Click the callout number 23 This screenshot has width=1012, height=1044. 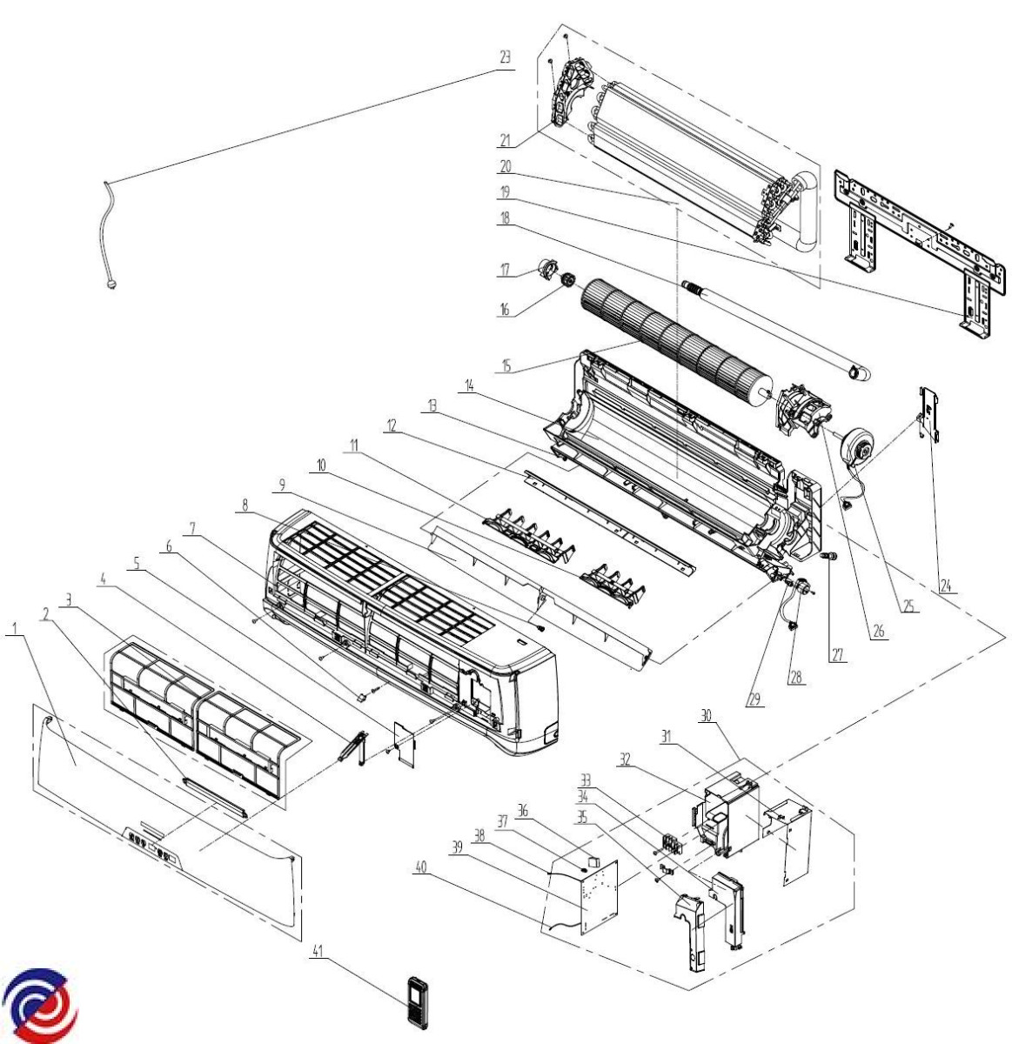[505, 57]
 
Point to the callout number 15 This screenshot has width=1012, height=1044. [506, 366]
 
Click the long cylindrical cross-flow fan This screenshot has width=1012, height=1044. [676, 338]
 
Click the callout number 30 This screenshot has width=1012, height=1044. [707, 717]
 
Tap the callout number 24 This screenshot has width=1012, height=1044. [947, 586]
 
